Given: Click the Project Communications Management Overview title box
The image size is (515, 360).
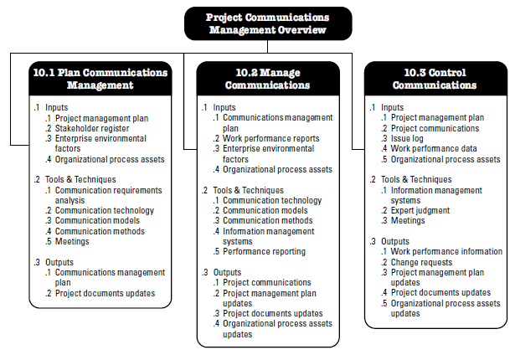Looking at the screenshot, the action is coord(268,23).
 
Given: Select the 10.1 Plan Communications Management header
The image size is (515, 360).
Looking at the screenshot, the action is coord(100,79).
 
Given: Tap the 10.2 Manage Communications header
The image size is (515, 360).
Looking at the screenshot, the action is coord(268,79).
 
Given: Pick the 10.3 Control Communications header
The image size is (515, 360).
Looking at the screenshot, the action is coord(435,79).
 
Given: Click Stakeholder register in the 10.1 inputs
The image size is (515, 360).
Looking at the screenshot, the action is coord(92,128).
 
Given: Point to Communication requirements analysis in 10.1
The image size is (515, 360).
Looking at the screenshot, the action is coord(108,195).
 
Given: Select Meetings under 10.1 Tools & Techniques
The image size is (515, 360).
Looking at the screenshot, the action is coord(72,241).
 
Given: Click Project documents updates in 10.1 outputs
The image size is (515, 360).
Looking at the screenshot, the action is coord(106,293).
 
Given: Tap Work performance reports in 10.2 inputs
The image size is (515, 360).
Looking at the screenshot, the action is coord(271,139).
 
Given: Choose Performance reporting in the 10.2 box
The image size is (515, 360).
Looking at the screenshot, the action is coord(264,252).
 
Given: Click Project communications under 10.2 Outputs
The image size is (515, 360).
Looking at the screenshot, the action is coord(266,282).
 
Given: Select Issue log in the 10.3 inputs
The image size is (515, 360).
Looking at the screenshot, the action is coord(407,139).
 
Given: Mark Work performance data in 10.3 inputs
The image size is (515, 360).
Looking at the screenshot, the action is coord(434,149).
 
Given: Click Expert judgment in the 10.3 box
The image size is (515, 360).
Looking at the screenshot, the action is coord(420,210).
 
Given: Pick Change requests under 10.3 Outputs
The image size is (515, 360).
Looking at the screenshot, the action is coord(421,262).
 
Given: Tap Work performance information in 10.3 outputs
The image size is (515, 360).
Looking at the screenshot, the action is coord(446,252).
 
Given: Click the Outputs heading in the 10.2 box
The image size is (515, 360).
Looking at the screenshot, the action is coord(227,272).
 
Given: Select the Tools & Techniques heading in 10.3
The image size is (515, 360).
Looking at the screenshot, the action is coord(416,180).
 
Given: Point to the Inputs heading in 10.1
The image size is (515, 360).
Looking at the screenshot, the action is coord(56,107).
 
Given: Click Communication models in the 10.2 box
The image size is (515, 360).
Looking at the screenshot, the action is coord(265,210).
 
